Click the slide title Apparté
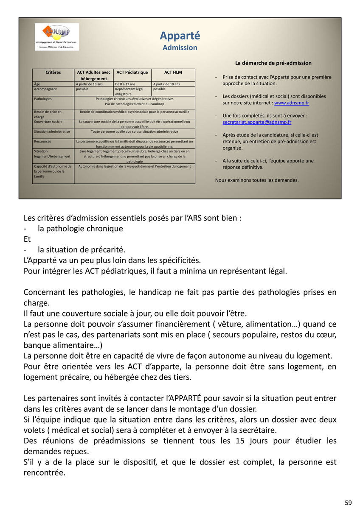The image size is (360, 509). pyautogui.click(x=180, y=36)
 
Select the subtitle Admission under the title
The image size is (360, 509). pyautogui.click(x=180, y=48)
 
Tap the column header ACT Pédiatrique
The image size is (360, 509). pyautogui.click(x=132, y=73)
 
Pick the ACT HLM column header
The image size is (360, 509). pyautogui.click(x=173, y=73)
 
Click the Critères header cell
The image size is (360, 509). pyautogui.click(x=53, y=73)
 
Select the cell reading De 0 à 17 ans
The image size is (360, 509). pyautogui.click(x=125, y=84)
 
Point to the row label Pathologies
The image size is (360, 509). pyautogui.click(x=43, y=98)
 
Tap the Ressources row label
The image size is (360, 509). pyautogui.click(x=43, y=141)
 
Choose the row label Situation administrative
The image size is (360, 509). pyautogui.click(x=52, y=131)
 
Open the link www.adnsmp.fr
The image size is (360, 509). pyautogui.click(x=292, y=103)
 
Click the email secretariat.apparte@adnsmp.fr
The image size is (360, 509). pyautogui.click(x=257, y=122)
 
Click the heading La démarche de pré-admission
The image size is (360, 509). pyautogui.click(x=273, y=63)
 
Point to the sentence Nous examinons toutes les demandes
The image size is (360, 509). pyautogui.click(x=257, y=180)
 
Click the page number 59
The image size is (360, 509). pyautogui.click(x=348, y=503)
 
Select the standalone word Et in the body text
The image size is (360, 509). pyautogui.click(x=27, y=239)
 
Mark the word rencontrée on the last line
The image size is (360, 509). pyautogui.click(x=44, y=472)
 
